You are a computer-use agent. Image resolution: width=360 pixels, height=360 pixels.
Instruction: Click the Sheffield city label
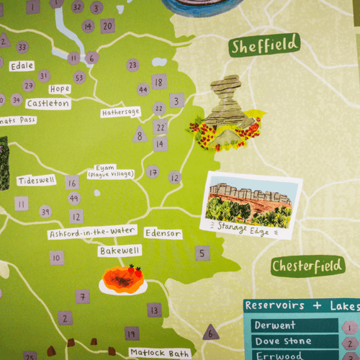[x=265, y=45]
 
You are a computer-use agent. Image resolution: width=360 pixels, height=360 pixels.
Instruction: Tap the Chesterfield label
[x=307, y=266]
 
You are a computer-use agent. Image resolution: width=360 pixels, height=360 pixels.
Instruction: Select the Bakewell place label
[x=120, y=251]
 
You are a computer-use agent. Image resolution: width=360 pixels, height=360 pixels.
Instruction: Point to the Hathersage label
[x=120, y=112]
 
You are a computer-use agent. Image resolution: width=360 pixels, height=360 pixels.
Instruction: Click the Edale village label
[x=22, y=66]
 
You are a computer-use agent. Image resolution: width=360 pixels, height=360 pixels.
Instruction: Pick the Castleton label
[x=48, y=103]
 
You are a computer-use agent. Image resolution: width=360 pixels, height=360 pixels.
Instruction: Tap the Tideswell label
[x=36, y=180]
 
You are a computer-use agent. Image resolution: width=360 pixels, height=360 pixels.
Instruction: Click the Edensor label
[x=163, y=233]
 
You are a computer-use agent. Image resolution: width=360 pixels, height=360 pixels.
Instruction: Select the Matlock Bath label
[x=160, y=353]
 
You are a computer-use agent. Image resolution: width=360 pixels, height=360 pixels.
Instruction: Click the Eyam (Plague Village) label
[x=109, y=170]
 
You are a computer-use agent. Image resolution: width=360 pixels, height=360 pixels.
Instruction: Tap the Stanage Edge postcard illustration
[x=251, y=204]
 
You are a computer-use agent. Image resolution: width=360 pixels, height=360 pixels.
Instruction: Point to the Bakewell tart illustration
[x=123, y=279]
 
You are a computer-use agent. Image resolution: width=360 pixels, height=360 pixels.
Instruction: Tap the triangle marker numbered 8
[x=140, y=134]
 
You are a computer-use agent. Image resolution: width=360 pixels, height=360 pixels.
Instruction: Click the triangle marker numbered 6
[x=210, y=332]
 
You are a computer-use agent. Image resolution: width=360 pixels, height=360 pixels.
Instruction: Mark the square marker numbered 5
[x=202, y=253]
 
